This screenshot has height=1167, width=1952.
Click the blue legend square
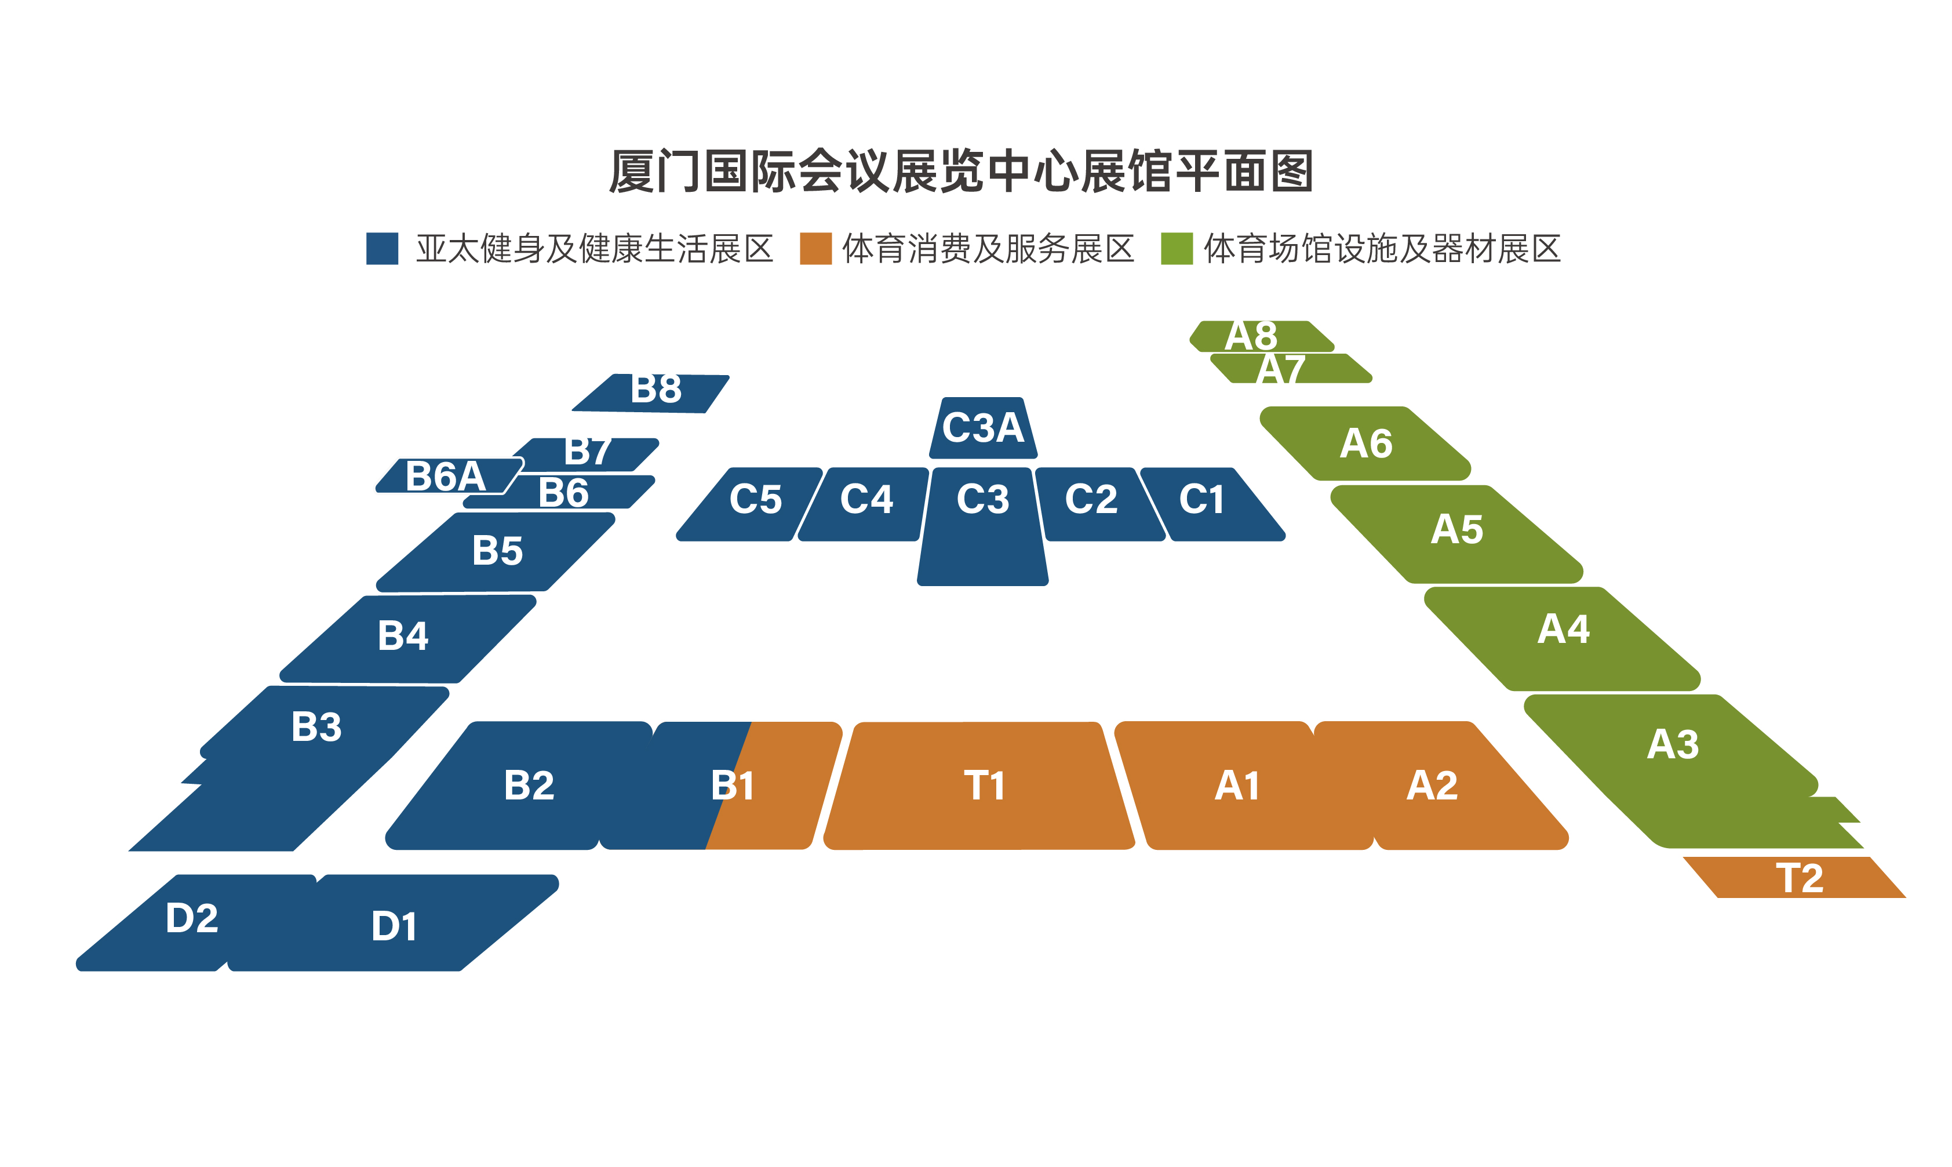click(x=382, y=249)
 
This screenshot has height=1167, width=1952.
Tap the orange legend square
click(x=815, y=249)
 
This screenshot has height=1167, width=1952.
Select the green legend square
click(x=1177, y=249)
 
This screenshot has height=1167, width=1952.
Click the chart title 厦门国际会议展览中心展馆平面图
click(x=961, y=172)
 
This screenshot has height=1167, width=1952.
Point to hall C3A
click(x=983, y=428)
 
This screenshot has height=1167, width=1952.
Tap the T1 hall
click(x=983, y=786)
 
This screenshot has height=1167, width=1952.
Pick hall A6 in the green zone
click(x=1366, y=444)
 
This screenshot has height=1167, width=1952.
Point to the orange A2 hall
click(x=1432, y=786)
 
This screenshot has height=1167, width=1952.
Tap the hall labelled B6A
click(x=445, y=477)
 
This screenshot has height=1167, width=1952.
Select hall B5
click(x=497, y=551)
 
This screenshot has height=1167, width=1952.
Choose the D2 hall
click(x=192, y=918)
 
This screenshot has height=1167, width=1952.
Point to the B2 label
click(x=529, y=786)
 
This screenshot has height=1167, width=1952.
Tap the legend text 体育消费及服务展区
click(x=988, y=249)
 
